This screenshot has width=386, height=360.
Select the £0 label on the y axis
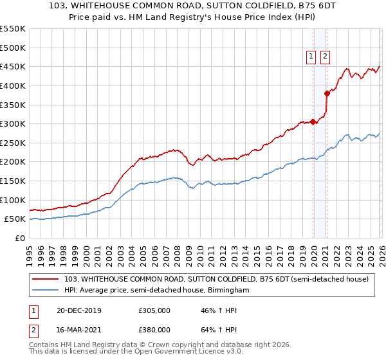click(x=19, y=238)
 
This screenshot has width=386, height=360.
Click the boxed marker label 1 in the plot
click(x=311, y=57)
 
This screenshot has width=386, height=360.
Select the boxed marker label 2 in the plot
click(x=325, y=57)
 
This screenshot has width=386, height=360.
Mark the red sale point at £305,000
click(x=313, y=122)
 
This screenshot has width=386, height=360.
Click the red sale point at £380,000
click(x=327, y=93)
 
